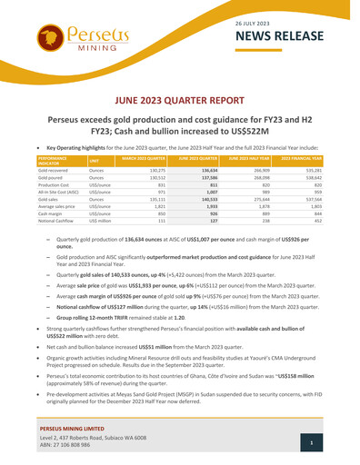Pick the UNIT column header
pyautogui.click(x=95, y=162)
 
